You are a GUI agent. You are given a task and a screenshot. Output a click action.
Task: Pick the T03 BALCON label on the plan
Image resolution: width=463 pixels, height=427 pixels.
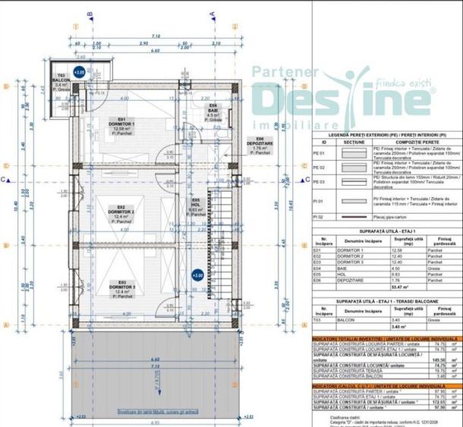pos(61,80)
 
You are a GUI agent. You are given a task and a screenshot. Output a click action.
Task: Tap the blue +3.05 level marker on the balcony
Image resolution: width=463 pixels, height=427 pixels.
pos(80,73)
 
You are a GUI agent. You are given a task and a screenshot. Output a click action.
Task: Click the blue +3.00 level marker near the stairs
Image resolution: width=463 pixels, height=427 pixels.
pos(197,275)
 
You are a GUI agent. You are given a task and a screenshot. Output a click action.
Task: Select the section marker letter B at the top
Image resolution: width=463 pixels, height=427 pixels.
pos(90,14)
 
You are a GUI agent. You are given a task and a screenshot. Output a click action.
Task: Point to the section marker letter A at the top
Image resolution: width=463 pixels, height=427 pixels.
pos(213,14)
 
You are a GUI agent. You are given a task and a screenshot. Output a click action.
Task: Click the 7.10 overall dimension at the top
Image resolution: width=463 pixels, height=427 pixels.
pos(155,36)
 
